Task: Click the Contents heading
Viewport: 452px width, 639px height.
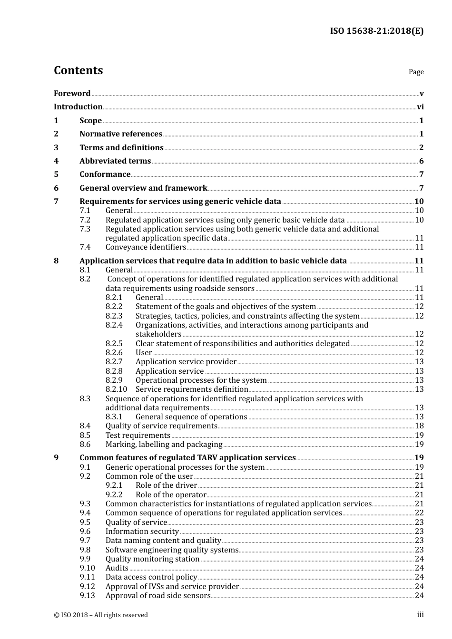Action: tap(78, 70)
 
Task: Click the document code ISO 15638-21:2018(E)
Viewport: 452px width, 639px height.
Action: tap(376, 31)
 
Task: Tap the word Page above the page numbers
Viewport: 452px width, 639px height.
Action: tap(416, 72)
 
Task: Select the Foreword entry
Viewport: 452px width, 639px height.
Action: tap(72, 94)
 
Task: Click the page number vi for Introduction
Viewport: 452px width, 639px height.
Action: tap(420, 107)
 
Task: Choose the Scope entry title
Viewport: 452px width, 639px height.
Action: tap(90, 121)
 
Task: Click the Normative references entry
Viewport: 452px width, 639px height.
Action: tap(121, 134)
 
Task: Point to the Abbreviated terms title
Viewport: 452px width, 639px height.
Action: tap(115, 161)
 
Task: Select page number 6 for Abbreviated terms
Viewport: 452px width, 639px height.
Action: tap(421, 161)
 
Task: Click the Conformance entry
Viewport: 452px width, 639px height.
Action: tap(105, 174)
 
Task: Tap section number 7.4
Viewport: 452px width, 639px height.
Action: tap(85, 247)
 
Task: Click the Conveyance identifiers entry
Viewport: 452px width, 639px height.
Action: tap(146, 247)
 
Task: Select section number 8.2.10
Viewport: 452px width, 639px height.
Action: tap(116, 389)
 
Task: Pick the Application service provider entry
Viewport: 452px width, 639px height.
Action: tap(186, 362)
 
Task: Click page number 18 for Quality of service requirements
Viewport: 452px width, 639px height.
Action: tap(419, 426)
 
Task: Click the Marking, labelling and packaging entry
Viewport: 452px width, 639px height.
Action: tap(164, 445)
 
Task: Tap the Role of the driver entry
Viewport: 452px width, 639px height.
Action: tap(166, 485)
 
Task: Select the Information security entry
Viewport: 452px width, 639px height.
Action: tap(142, 532)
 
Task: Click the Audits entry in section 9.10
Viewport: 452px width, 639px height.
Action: tap(117, 568)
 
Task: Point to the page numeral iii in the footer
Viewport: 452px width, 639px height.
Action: tap(420, 615)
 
